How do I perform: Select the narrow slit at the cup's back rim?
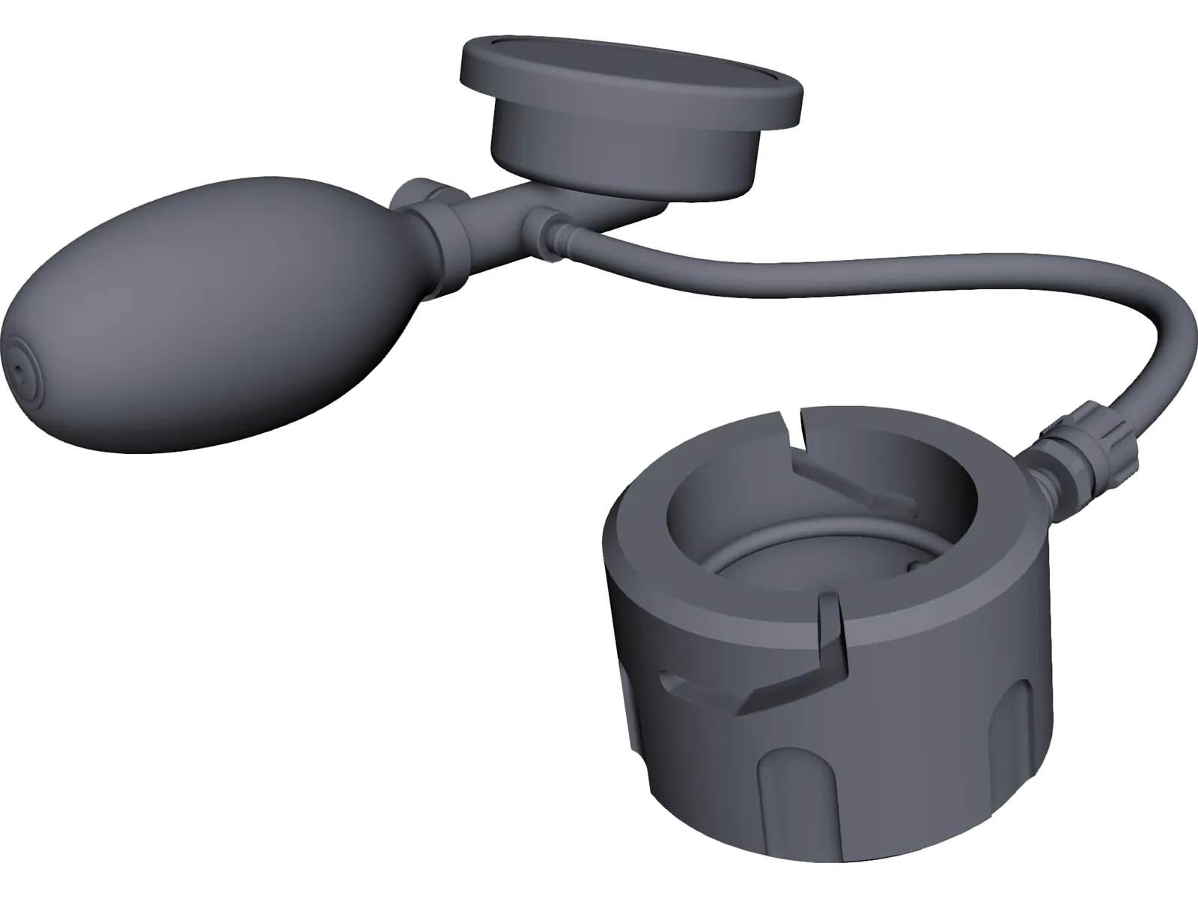pyautogui.click(x=794, y=438)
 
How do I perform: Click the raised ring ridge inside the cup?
pyautogui.click(x=749, y=554)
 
